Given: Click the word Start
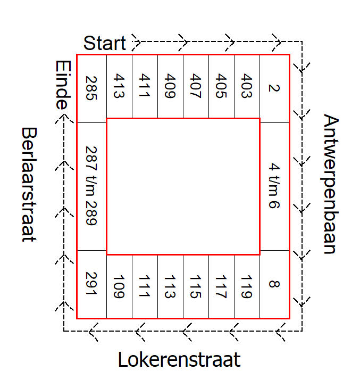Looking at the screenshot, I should pos(105,43).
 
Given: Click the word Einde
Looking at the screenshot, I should pos(63,84).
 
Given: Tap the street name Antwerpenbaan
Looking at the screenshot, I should pos(331,184).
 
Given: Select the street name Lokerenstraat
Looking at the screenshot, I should pos(179,360).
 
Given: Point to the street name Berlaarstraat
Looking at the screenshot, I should pos(29,184).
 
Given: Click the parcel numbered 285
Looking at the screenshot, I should pos(91,88).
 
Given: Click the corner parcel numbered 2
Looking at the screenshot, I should pos(274,88).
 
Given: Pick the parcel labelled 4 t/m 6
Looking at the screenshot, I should pos(274,185).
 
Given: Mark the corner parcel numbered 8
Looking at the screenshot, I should pos(274,284).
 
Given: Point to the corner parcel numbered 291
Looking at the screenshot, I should pos(91,284).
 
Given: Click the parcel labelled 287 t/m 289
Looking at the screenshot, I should pos(91,185).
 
